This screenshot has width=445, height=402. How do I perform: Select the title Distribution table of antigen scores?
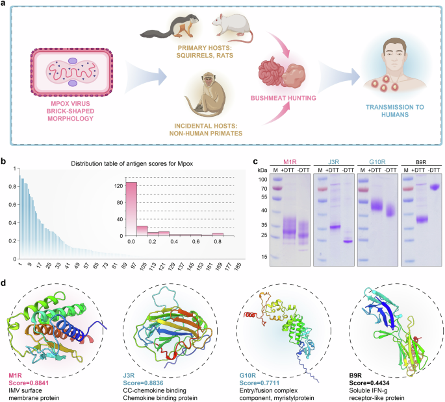coord(137,166)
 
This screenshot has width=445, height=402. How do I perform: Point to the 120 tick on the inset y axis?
coord(118,185)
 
